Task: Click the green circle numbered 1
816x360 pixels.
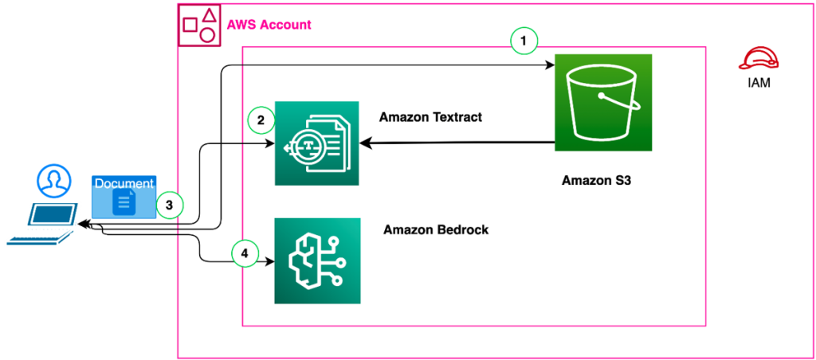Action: pyautogui.click(x=524, y=40)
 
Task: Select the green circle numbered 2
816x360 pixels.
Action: pyautogui.click(x=260, y=121)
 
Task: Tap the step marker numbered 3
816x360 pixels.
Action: pyautogui.click(x=169, y=205)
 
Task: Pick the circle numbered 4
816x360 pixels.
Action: pyautogui.click(x=245, y=254)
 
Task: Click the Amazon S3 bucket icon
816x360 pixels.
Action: pyautogui.click(x=603, y=102)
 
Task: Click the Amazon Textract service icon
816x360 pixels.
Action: pyautogui.click(x=316, y=143)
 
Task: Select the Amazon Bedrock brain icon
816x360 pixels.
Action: pyautogui.click(x=316, y=260)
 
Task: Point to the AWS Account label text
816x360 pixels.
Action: pyautogui.click(x=269, y=25)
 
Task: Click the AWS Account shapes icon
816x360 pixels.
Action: pyautogui.click(x=198, y=24)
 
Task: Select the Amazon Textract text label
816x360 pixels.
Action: pyautogui.click(x=430, y=117)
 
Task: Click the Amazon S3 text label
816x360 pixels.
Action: pyautogui.click(x=595, y=181)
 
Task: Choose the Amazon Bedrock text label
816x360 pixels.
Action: pyautogui.click(x=436, y=229)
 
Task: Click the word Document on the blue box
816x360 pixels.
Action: pyautogui.click(x=124, y=183)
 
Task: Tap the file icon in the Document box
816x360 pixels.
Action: pyautogui.click(x=124, y=202)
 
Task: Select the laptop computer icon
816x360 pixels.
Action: pyautogui.click(x=44, y=225)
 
